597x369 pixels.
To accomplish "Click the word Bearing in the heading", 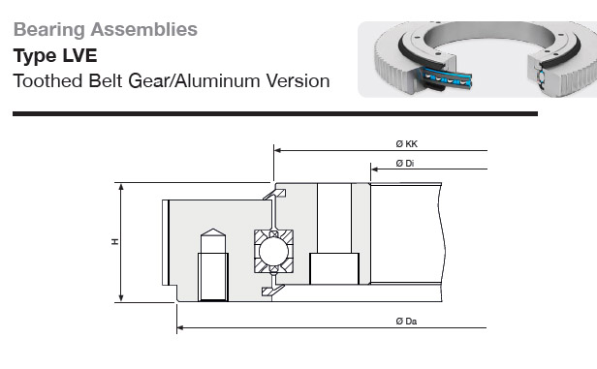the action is (x=49, y=30).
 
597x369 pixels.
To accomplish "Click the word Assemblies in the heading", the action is (x=143, y=29).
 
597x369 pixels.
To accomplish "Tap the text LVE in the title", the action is (x=79, y=55).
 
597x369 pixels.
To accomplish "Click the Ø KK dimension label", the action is (x=407, y=143).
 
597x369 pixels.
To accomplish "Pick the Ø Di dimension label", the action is (x=405, y=164).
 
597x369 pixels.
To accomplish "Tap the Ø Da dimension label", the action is (x=406, y=322).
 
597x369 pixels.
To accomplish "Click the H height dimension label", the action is (x=115, y=241).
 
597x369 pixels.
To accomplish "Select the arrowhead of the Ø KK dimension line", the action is (x=277, y=150).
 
